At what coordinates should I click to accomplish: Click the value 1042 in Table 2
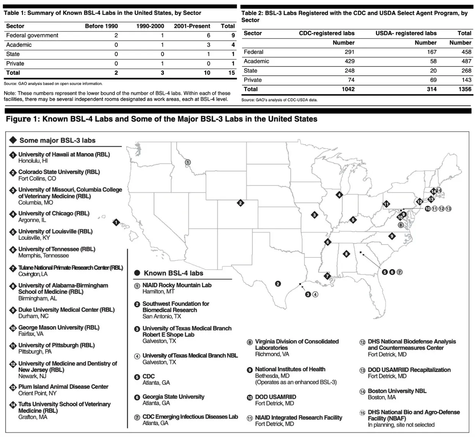pyautogui.click(x=348, y=89)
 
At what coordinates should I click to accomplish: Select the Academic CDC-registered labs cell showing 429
pyautogui.click(x=349, y=61)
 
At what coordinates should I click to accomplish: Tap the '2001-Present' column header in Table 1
pyautogui.click(x=192, y=26)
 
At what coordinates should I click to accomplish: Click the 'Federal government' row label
pyautogui.click(x=32, y=35)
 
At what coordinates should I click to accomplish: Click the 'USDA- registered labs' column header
pyautogui.click(x=406, y=33)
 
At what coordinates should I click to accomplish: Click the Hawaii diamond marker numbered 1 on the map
pyautogui.click(x=116, y=222)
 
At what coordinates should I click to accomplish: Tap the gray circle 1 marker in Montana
pyautogui.click(x=187, y=162)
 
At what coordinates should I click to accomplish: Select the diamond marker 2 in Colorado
pyautogui.click(x=241, y=203)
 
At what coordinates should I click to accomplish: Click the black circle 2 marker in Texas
pyautogui.click(x=278, y=283)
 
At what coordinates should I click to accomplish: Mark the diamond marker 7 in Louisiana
pyautogui.click(x=327, y=276)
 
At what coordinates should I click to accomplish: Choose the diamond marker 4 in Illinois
pyautogui.click(x=339, y=195)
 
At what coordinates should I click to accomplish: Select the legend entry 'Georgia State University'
pyautogui.click(x=173, y=397)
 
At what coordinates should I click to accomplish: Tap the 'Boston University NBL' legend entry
pyautogui.click(x=397, y=391)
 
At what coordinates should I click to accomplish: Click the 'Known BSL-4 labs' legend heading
pyautogui.click(x=173, y=273)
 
